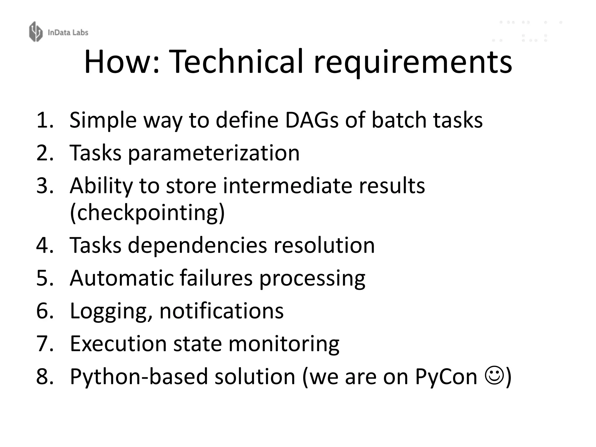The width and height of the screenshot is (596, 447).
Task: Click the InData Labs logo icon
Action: (36, 31)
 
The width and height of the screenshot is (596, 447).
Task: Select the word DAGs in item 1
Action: (312, 120)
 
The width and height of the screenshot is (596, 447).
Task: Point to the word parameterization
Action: (214, 153)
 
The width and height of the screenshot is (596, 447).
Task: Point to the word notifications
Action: (221, 311)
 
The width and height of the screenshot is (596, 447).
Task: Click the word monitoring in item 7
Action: (284, 344)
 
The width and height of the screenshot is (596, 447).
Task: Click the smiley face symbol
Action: (494, 376)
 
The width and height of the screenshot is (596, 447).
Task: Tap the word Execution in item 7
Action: (118, 344)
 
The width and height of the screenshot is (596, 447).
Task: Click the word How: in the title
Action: (122, 62)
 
